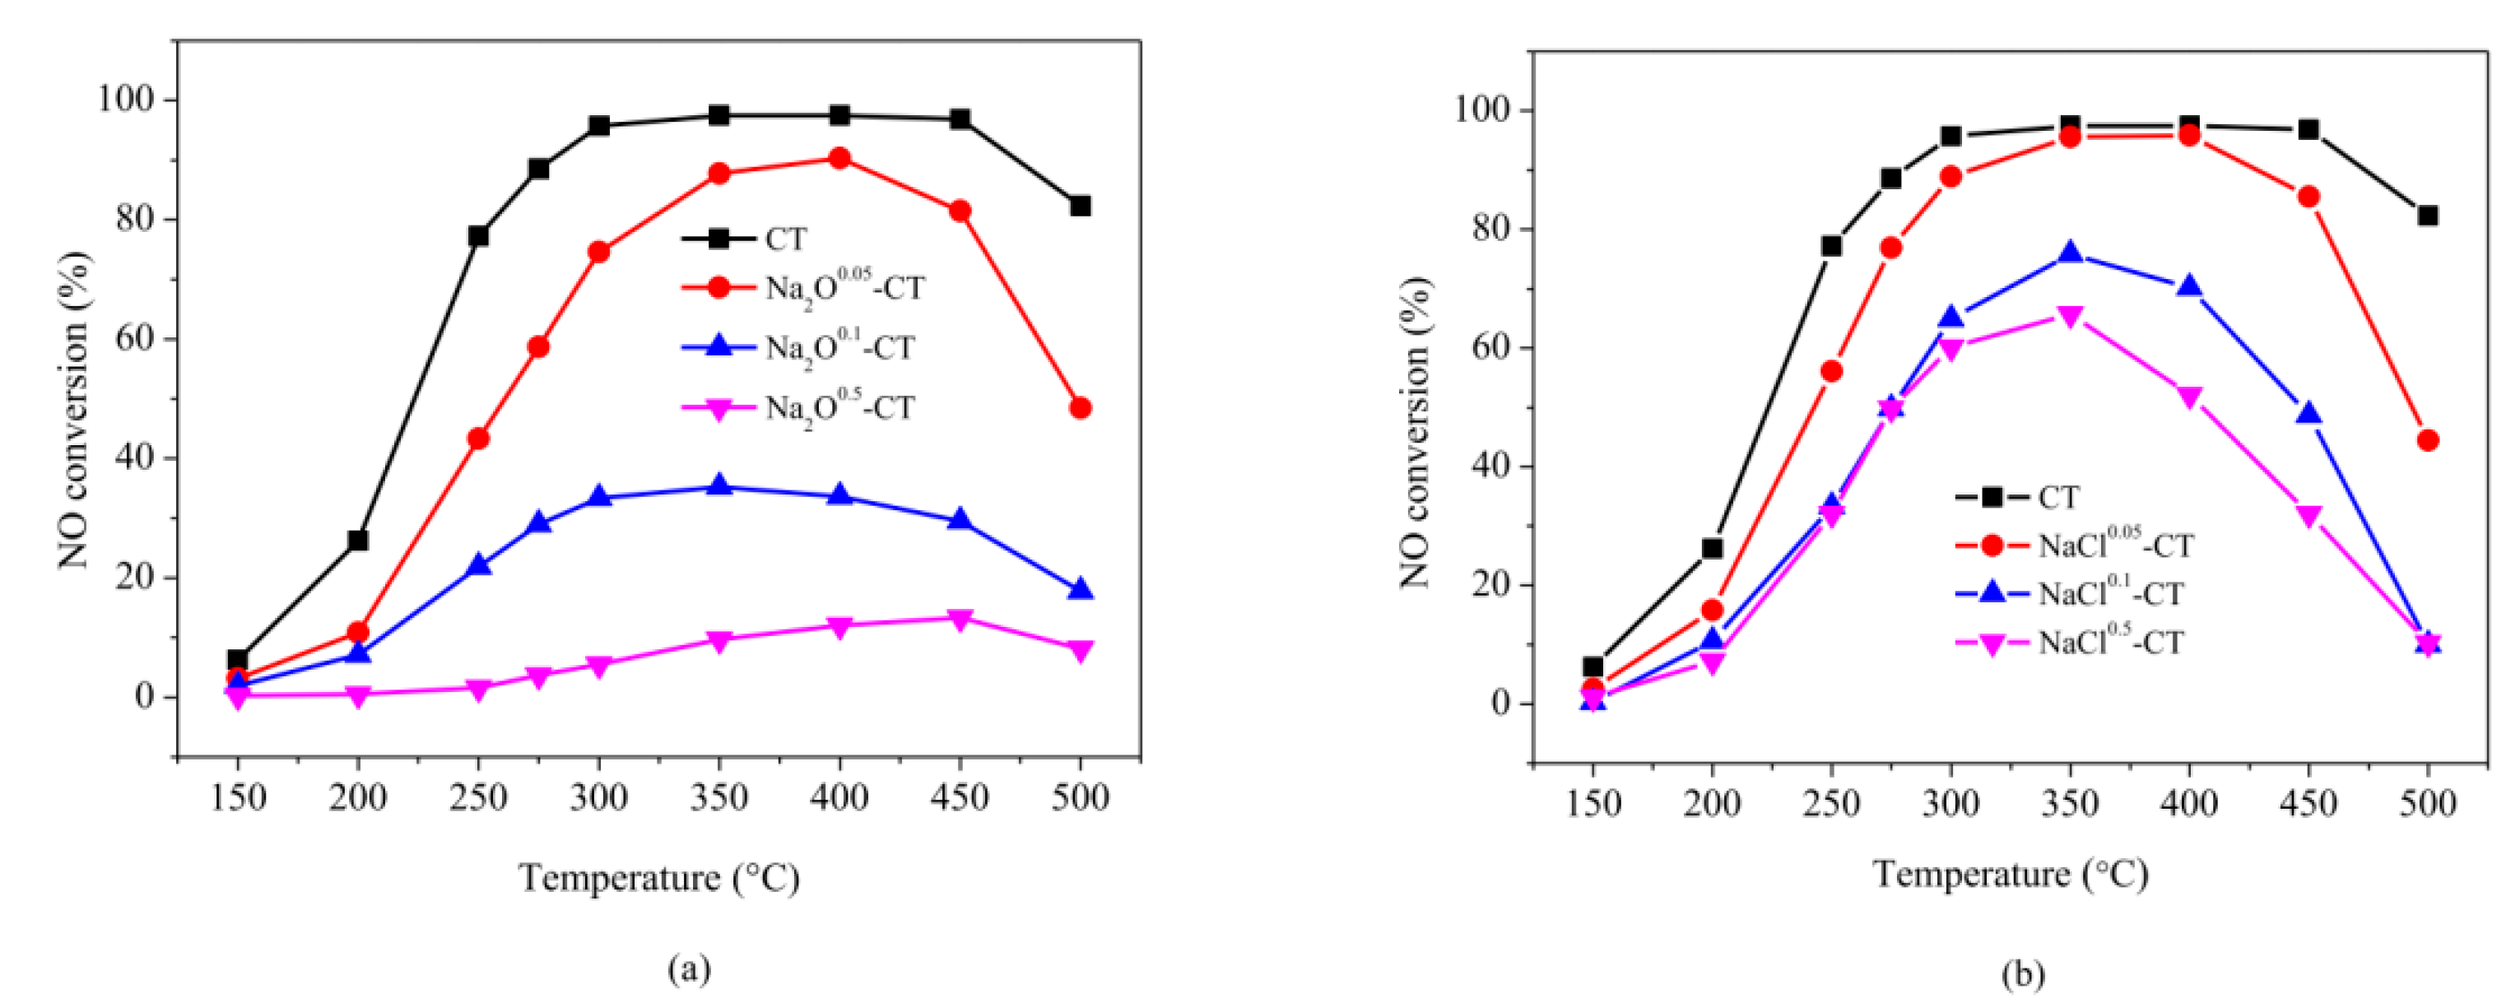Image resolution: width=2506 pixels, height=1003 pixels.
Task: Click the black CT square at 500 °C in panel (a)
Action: point(1080,207)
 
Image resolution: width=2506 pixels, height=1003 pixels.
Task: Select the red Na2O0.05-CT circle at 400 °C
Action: point(839,159)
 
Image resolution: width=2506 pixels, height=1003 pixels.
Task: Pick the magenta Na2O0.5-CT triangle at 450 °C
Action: point(960,620)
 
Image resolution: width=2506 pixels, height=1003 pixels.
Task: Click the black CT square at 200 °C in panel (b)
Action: point(1712,549)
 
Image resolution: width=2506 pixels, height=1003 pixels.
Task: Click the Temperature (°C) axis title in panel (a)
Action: point(658,879)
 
